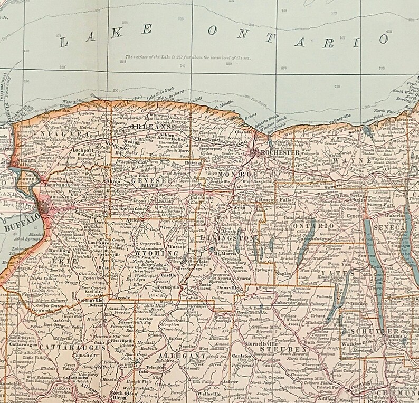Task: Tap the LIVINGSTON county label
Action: pos(233,239)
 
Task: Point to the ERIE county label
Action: pos(62,261)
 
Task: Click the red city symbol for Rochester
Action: pos(256,152)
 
